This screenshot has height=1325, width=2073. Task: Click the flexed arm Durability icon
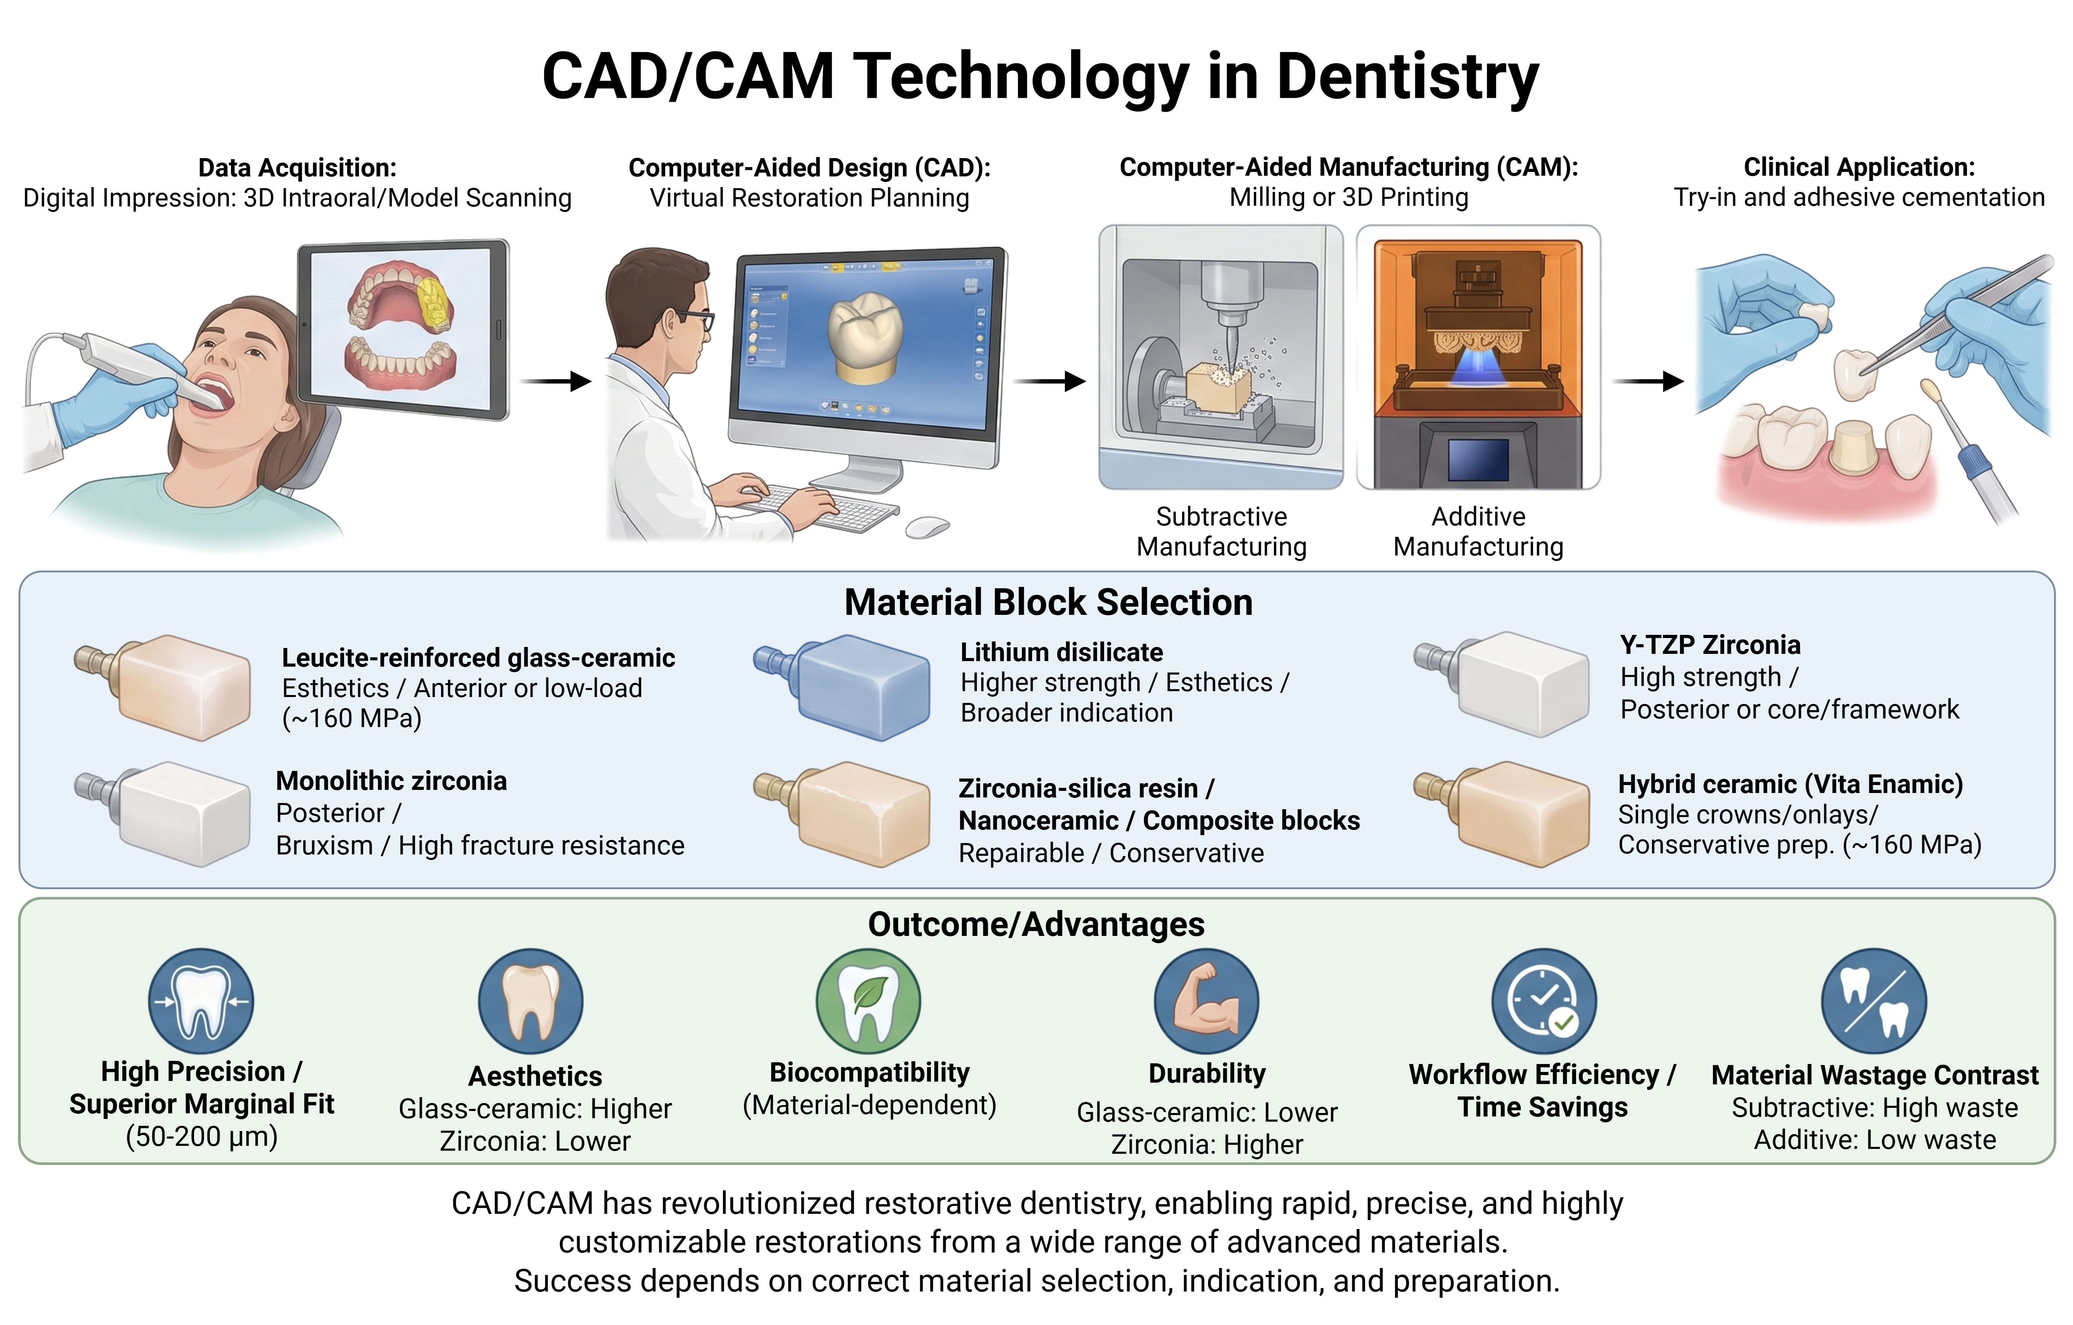(x=1206, y=1001)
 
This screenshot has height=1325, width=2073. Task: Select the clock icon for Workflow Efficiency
(x=1544, y=1001)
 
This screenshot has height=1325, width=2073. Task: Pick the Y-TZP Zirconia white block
(x=1502, y=683)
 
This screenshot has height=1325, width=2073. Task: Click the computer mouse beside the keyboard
(x=927, y=526)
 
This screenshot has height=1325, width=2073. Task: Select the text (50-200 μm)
(x=202, y=1137)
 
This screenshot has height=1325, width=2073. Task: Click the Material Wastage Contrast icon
(x=1874, y=1001)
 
